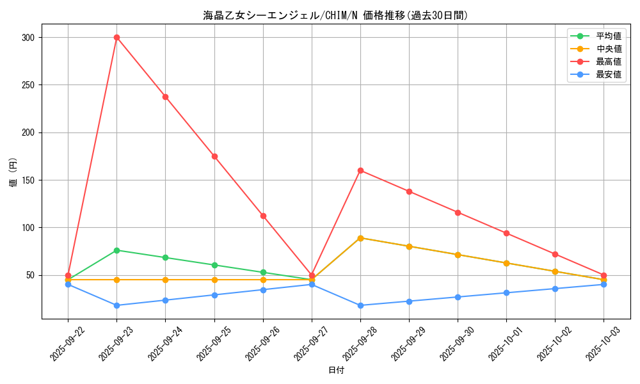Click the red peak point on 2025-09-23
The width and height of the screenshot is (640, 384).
coord(116,37)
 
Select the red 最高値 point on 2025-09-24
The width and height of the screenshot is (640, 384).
coord(165,97)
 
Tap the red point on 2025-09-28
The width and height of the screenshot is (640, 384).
coord(360,170)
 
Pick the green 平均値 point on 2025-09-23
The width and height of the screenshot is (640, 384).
coord(116,250)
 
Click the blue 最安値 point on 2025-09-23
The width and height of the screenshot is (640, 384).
coord(116,305)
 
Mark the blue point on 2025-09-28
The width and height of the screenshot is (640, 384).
coord(360,305)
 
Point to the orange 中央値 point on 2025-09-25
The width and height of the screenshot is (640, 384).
coord(214,280)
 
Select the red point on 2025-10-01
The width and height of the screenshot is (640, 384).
coord(506,233)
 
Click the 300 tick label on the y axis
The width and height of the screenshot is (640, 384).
coord(28,38)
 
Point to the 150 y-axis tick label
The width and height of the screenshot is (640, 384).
coord(28,180)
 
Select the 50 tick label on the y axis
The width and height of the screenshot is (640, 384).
coord(29,275)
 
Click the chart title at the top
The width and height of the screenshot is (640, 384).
coord(335,15)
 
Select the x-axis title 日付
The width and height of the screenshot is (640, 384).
coord(335,370)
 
